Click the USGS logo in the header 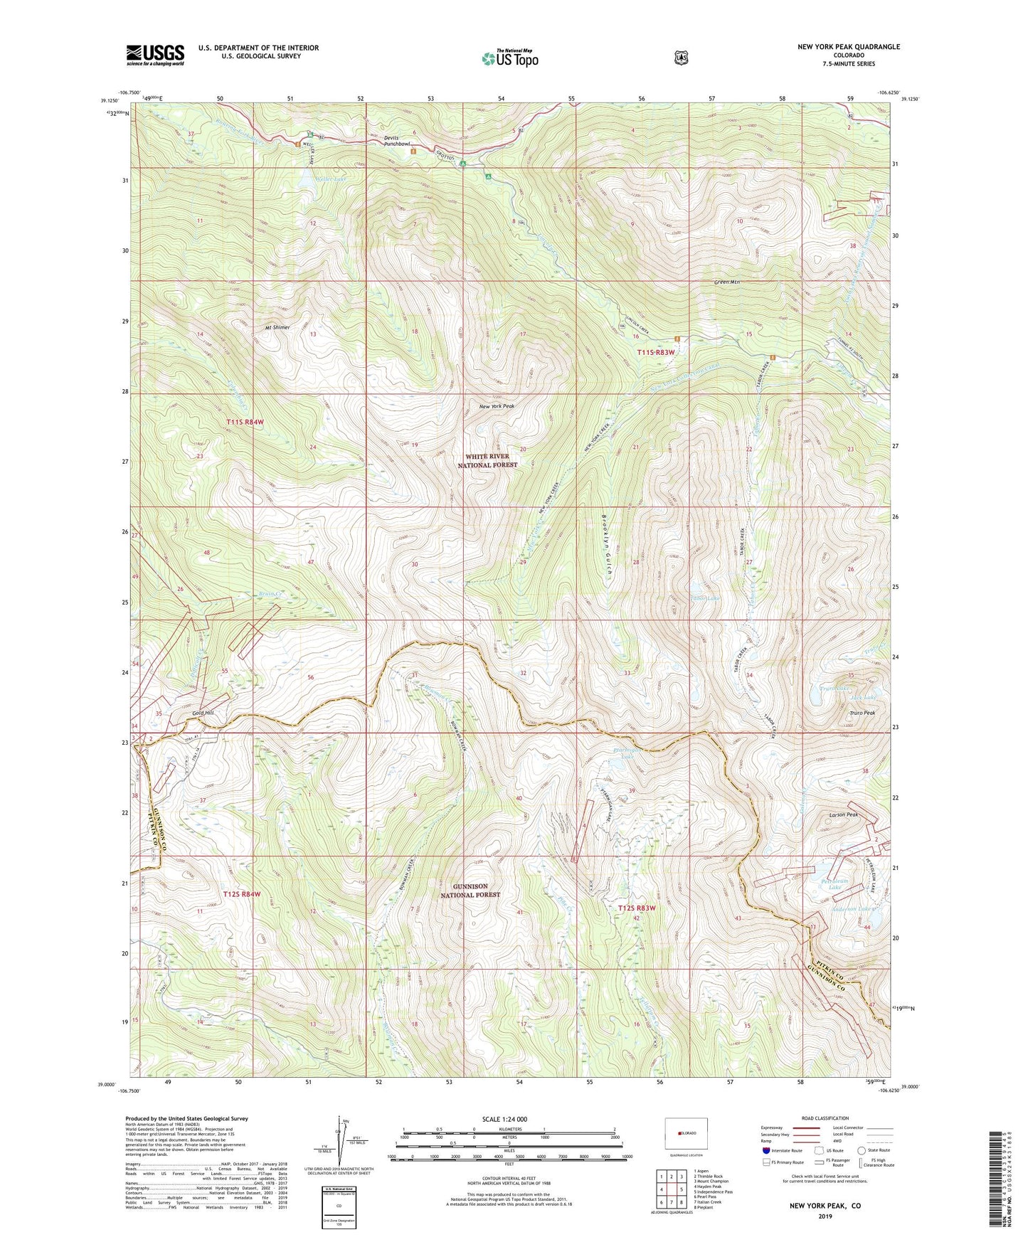point(155,54)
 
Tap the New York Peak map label point(497,406)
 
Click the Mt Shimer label point(277,328)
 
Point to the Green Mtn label point(727,282)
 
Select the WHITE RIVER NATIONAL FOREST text point(491,460)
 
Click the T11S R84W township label point(245,422)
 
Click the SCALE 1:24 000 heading point(504,1119)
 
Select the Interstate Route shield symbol point(765,1150)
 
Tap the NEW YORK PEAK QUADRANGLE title point(848,47)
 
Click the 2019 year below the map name point(825,1216)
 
